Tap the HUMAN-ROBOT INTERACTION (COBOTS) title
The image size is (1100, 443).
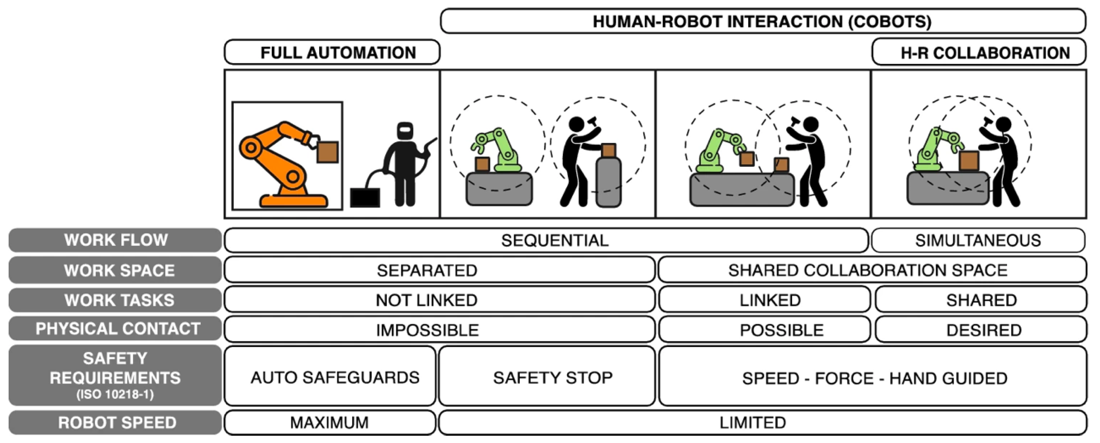pyautogui.click(x=762, y=22)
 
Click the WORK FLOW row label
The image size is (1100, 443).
pyautogui.click(x=115, y=240)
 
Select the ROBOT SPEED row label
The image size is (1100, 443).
pyautogui.click(x=115, y=422)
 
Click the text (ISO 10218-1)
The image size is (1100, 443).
pyautogui.click(x=115, y=394)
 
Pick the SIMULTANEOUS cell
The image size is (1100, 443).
pyautogui.click(x=978, y=240)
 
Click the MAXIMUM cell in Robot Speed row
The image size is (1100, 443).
pyautogui.click(x=329, y=422)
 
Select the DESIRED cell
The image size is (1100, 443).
pyautogui.click(x=981, y=330)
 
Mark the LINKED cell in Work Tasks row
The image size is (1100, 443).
pyautogui.click(x=764, y=300)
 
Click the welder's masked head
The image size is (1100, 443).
pyautogui.click(x=405, y=131)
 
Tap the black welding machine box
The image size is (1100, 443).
pyautogui.click(x=365, y=198)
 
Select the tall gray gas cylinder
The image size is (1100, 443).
pyautogui.click(x=608, y=181)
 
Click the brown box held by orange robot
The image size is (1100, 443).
pyautogui.click(x=327, y=152)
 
